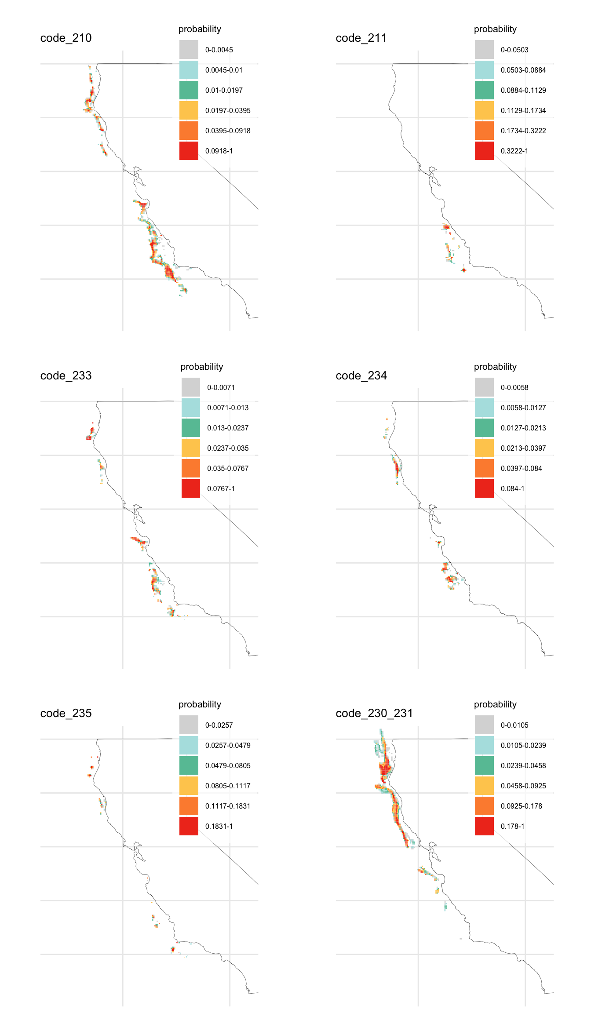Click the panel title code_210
(x=66, y=38)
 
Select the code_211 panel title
(x=361, y=38)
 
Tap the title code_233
(x=66, y=376)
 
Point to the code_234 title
(x=361, y=376)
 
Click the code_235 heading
(x=66, y=714)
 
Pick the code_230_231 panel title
(x=374, y=714)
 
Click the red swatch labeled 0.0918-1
(x=189, y=151)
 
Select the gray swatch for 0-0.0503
(x=484, y=50)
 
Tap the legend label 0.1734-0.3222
(x=523, y=131)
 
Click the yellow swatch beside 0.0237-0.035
(x=191, y=448)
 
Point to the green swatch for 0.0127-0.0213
(x=484, y=428)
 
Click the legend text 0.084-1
(x=512, y=488)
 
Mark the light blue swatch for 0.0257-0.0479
(x=189, y=745)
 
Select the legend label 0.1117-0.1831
(x=228, y=806)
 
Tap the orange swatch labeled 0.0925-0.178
(x=484, y=806)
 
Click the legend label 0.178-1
(x=512, y=826)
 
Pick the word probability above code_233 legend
(x=202, y=367)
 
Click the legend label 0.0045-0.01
(x=224, y=70)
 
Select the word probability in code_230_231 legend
(x=495, y=704)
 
